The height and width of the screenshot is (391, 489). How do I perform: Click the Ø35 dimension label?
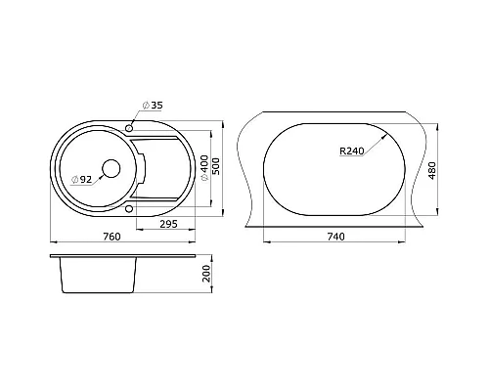click(x=153, y=106)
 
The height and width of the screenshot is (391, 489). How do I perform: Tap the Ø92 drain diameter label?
click(x=81, y=179)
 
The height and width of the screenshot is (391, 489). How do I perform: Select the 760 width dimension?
click(x=111, y=237)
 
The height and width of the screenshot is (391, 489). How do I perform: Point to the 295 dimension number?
click(x=168, y=224)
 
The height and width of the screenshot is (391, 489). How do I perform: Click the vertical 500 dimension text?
click(x=216, y=166)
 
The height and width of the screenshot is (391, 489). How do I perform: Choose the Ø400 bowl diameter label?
click(x=204, y=168)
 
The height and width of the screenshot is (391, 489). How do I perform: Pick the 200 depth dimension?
click(x=206, y=274)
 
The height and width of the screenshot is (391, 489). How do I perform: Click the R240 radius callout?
click(x=351, y=152)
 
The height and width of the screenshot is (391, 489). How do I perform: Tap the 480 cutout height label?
click(x=432, y=170)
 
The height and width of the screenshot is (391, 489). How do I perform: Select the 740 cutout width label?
click(x=335, y=237)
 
